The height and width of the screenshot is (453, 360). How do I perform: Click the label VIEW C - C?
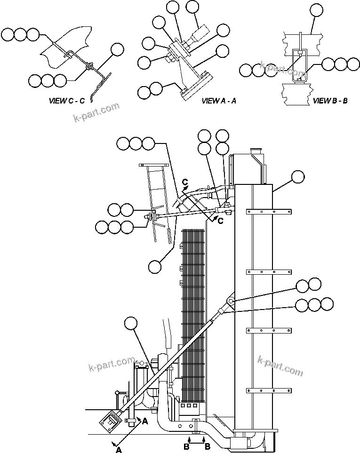pyautogui.click(x=66, y=100)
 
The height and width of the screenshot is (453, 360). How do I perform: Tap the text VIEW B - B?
pyautogui.click(x=330, y=100)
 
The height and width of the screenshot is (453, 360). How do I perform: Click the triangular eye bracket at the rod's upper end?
pyautogui.click(x=230, y=301)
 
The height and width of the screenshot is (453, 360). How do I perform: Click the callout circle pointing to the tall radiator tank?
pyautogui.click(x=297, y=177)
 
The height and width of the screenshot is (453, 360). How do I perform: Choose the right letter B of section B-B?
pyautogui.click(x=207, y=447)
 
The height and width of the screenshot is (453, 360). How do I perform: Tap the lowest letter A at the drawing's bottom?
pyautogui.click(x=119, y=450)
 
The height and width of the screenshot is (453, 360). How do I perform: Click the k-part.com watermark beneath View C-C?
pyautogui.click(x=96, y=112)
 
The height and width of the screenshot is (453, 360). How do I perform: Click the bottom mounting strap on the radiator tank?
pyautogui.click(x=266, y=390)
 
